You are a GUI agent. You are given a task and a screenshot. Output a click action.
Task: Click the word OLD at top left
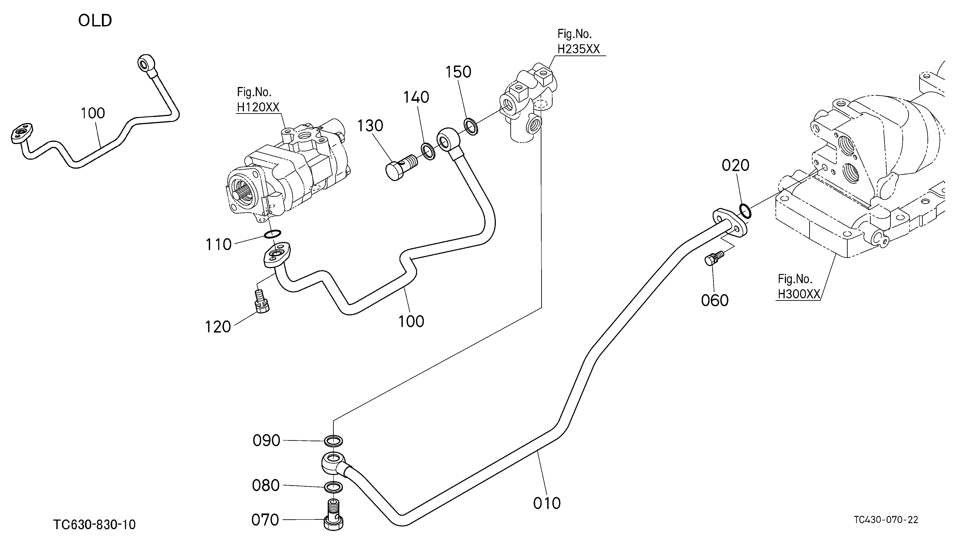click(x=95, y=21)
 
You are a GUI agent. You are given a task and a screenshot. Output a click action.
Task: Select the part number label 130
click(x=370, y=125)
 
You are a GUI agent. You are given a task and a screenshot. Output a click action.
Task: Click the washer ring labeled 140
click(x=428, y=151)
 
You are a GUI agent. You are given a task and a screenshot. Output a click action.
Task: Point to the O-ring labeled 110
click(x=272, y=234)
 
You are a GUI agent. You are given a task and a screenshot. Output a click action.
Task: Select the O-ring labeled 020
click(x=745, y=211)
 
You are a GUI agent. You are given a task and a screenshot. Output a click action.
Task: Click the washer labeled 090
click(x=333, y=441)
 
